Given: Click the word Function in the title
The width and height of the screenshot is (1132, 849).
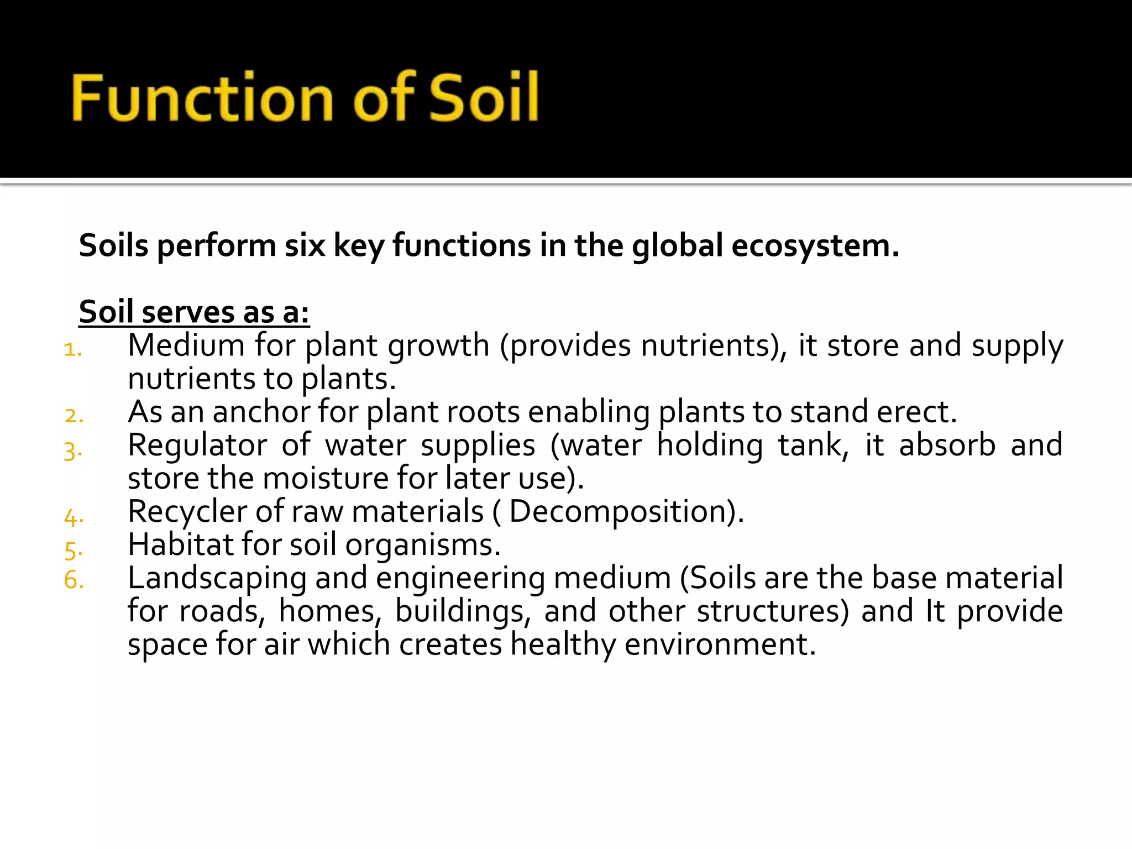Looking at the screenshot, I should tap(202, 98).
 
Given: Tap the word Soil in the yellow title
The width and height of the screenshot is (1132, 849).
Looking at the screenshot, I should tap(484, 98).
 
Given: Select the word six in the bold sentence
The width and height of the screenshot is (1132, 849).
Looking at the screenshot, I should tap(305, 245).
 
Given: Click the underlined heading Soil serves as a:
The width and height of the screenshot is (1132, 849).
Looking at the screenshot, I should tap(194, 312).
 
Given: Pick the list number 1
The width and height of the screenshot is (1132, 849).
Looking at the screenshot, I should tap(72, 350).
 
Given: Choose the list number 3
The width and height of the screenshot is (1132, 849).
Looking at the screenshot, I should tap(72, 451).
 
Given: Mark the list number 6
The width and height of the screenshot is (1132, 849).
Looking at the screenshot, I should tap(74, 580).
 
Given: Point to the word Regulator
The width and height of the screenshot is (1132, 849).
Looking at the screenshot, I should tap(197, 446).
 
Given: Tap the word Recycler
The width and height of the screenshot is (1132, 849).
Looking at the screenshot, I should tap(187, 512).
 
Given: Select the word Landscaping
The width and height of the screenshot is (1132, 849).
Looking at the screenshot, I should tap(217, 579).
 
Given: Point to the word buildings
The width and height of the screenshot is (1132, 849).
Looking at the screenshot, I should tap(463, 612).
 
